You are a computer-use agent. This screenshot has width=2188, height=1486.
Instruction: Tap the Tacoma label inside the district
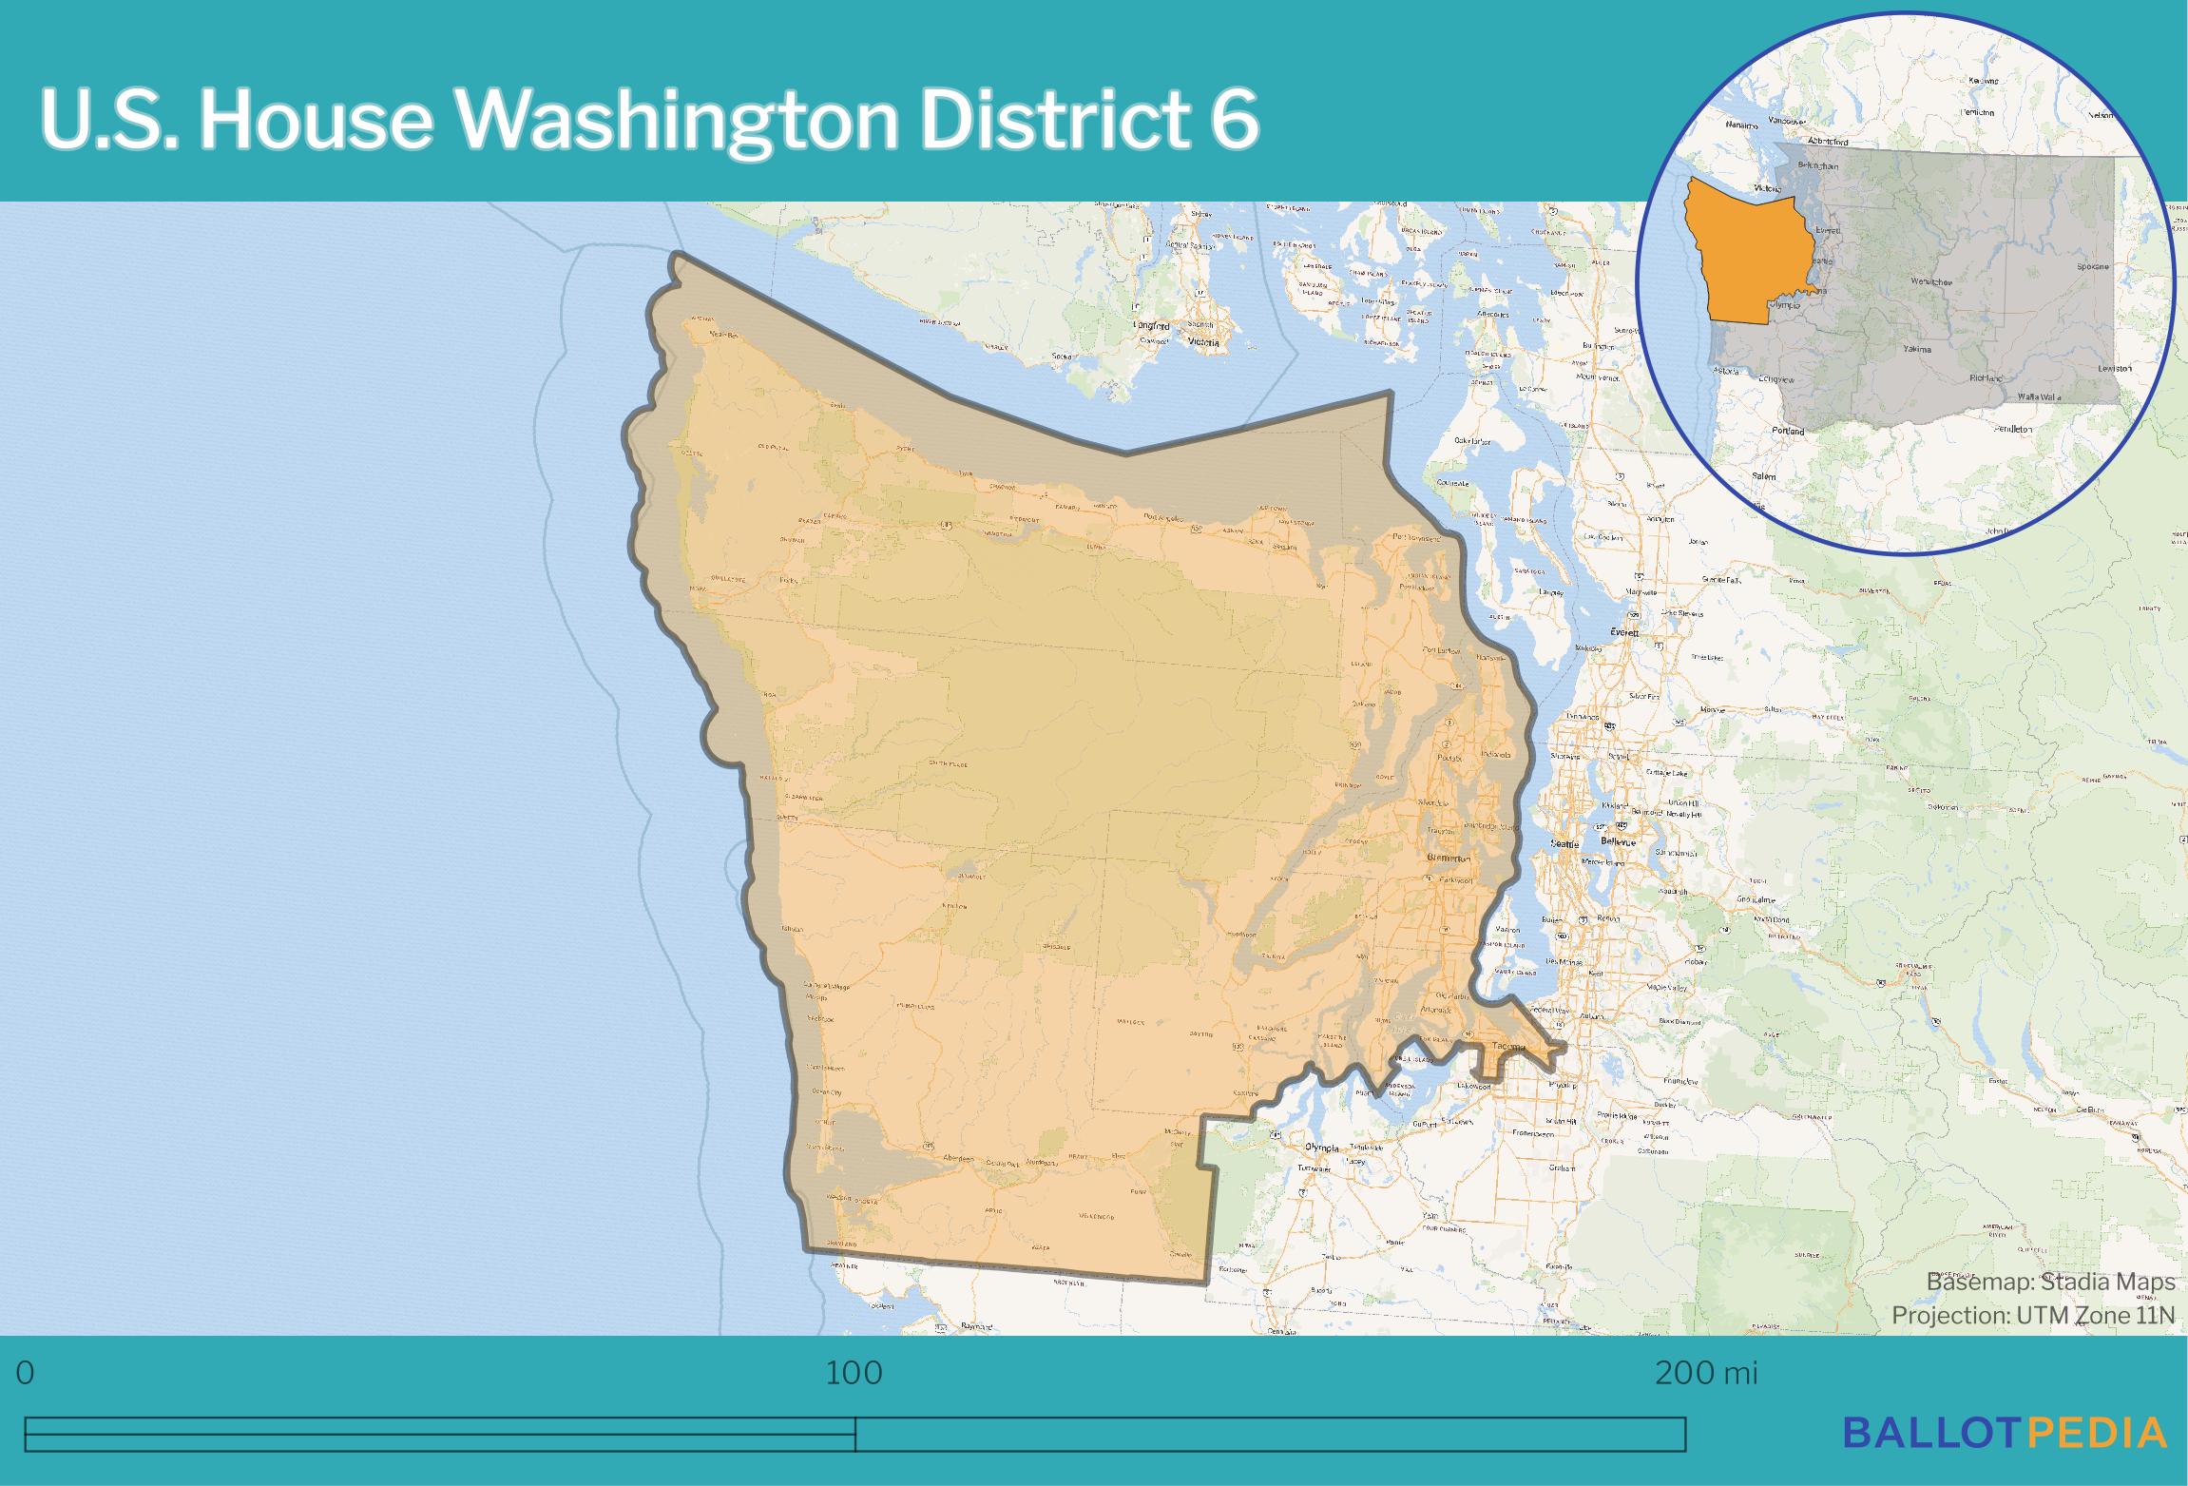(x=1509, y=1048)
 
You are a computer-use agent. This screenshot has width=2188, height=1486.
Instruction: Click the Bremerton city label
(x=1449, y=859)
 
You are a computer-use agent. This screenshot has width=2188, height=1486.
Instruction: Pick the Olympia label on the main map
(x=1321, y=1148)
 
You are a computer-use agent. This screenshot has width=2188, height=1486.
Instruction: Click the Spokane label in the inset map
(x=2092, y=267)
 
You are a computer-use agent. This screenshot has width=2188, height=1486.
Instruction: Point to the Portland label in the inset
(x=1789, y=431)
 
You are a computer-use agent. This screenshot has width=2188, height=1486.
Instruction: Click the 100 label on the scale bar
(x=854, y=1374)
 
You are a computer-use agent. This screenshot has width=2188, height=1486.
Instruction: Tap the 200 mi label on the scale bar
(x=1706, y=1374)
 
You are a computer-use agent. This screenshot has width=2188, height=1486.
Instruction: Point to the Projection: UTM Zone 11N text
(x=2033, y=1315)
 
